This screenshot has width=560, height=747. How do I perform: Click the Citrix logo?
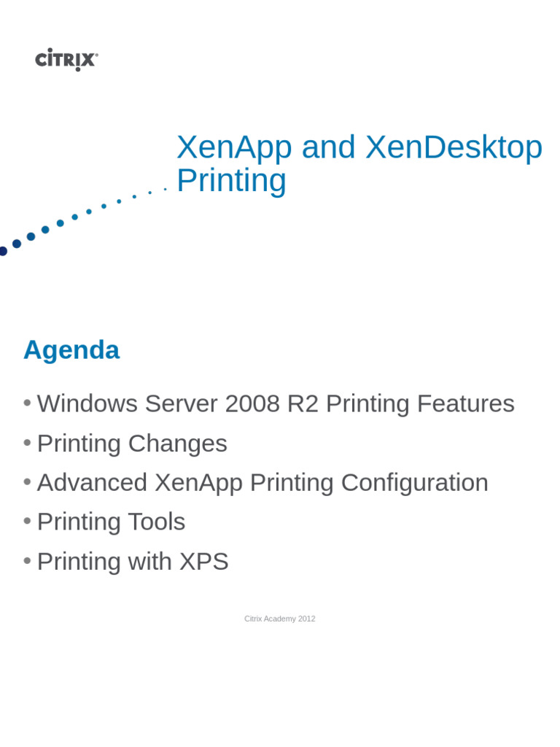(66, 59)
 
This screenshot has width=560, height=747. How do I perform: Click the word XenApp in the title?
(234, 148)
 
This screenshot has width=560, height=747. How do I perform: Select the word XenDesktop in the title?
(454, 148)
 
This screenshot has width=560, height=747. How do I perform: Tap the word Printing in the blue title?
(231, 181)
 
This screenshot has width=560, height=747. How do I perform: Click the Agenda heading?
(71, 350)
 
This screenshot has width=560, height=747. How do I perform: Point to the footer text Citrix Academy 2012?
(280, 619)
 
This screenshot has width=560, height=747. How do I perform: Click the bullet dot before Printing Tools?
(27, 521)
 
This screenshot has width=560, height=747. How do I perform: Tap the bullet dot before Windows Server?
(27, 403)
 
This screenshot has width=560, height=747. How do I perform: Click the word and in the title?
(328, 148)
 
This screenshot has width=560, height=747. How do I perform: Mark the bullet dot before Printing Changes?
(27, 442)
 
